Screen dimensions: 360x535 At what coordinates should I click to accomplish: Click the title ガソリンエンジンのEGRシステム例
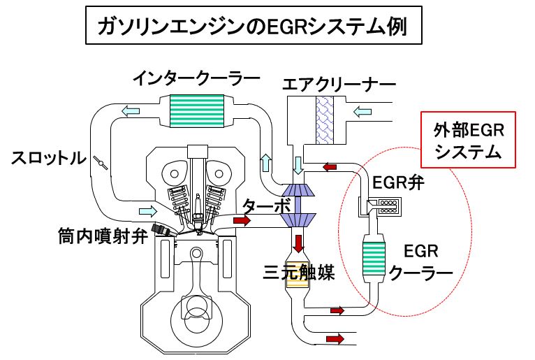coord(251,28)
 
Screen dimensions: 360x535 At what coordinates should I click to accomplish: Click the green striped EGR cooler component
coord(374,257)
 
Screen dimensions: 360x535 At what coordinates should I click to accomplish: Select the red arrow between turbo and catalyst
coord(300,244)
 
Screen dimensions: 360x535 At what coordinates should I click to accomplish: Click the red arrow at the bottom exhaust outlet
coord(335,339)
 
